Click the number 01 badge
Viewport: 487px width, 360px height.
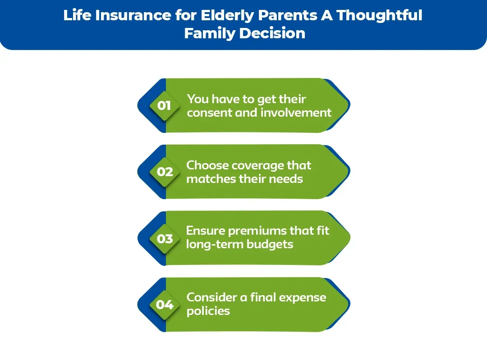[x=164, y=105]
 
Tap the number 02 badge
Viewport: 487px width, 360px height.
[x=165, y=172]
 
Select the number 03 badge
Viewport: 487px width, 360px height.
[x=165, y=238]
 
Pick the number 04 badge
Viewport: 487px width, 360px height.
[x=165, y=305]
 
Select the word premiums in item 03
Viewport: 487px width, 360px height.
[x=255, y=231]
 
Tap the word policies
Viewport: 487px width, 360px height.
[x=208, y=311]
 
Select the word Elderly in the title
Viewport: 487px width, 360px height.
[x=229, y=15]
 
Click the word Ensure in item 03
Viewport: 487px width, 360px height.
[x=205, y=231]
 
